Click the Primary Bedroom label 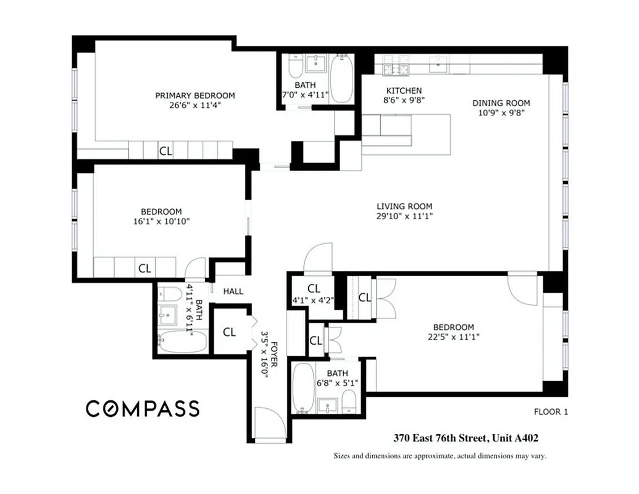pyautogui.click(x=194, y=95)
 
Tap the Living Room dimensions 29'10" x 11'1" pyautogui.click(x=404, y=217)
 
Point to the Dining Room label pyautogui.click(x=501, y=103)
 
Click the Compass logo pyautogui.click(x=142, y=408)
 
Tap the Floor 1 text pyautogui.click(x=549, y=412)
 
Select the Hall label pyautogui.click(x=233, y=291)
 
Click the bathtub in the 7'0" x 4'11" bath pyautogui.click(x=341, y=79)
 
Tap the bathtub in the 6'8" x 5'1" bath pyautogui.click(x=303, y=388)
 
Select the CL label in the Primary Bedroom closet pyautogui.click(x=165, y=151)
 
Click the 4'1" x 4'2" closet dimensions pyautogui.click(x=313, y=301)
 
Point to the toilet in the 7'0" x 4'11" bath pyautogui.click(x=294, y=66)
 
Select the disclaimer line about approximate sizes pyautogui.click(x=440, y=456)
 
